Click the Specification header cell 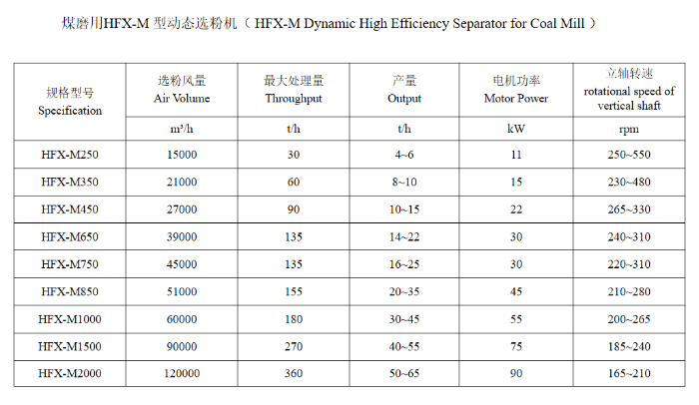(70, 102)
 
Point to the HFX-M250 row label (70, 155)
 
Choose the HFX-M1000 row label (70, 319)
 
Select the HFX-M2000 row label (70, 373)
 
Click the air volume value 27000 (182, 209)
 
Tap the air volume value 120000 (182, 373)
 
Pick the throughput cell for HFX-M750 (294, 264)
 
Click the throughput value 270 (294, 346)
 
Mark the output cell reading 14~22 (403, 236)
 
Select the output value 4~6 (403, 155)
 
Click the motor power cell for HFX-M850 (516, 291)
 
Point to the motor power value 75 (516, 346)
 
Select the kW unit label (516, 129)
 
